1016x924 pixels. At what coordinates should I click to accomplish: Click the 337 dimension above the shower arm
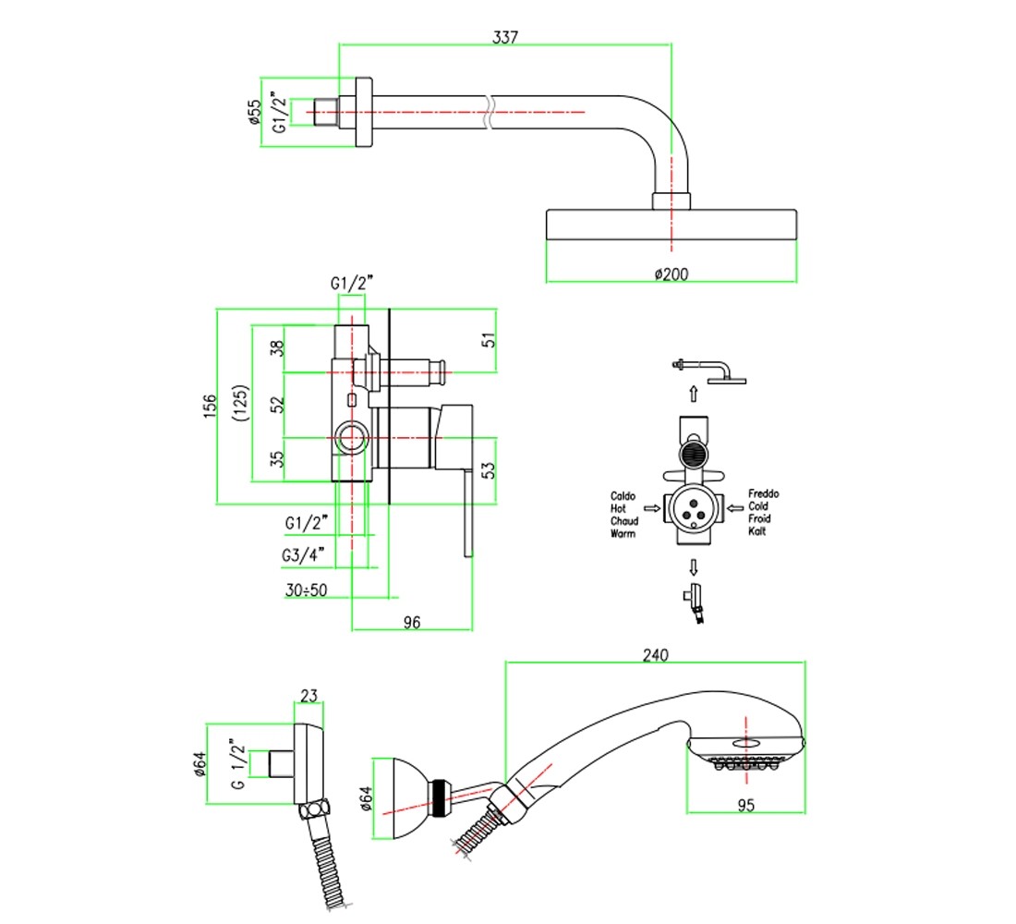coord(504,37)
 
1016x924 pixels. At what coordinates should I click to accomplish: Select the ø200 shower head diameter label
coord(671,274)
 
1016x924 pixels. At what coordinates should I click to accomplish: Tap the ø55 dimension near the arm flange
coord(254,112)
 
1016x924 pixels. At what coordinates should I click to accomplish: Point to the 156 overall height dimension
coord(210,406)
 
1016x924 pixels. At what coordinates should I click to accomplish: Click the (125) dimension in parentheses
coord(240,403)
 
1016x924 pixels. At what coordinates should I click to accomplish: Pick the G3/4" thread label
coord(303,555)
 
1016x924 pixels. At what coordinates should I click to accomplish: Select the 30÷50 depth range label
coord(306,590)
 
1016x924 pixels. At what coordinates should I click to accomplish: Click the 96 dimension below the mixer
coord(411,623)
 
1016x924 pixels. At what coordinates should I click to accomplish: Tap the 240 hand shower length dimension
coord(655,655)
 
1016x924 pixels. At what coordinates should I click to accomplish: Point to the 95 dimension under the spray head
coord(745,805)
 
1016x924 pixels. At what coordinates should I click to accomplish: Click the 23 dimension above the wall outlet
coord(308,696)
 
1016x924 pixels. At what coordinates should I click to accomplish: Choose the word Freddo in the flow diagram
coord(763,493)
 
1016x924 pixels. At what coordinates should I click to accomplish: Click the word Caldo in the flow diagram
coord(623,496)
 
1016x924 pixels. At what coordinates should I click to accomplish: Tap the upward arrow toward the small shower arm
coord(694,394)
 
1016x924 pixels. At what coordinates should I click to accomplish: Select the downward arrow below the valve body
coord(694,567)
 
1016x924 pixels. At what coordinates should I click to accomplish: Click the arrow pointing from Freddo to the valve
coord(735,507)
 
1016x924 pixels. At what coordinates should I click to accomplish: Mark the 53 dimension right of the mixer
coord(489,469)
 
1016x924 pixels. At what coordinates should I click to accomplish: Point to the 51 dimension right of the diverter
coord(489,340)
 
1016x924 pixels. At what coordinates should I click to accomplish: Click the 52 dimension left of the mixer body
coord(277,405)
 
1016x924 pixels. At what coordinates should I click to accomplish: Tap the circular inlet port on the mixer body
coord(352,438)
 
